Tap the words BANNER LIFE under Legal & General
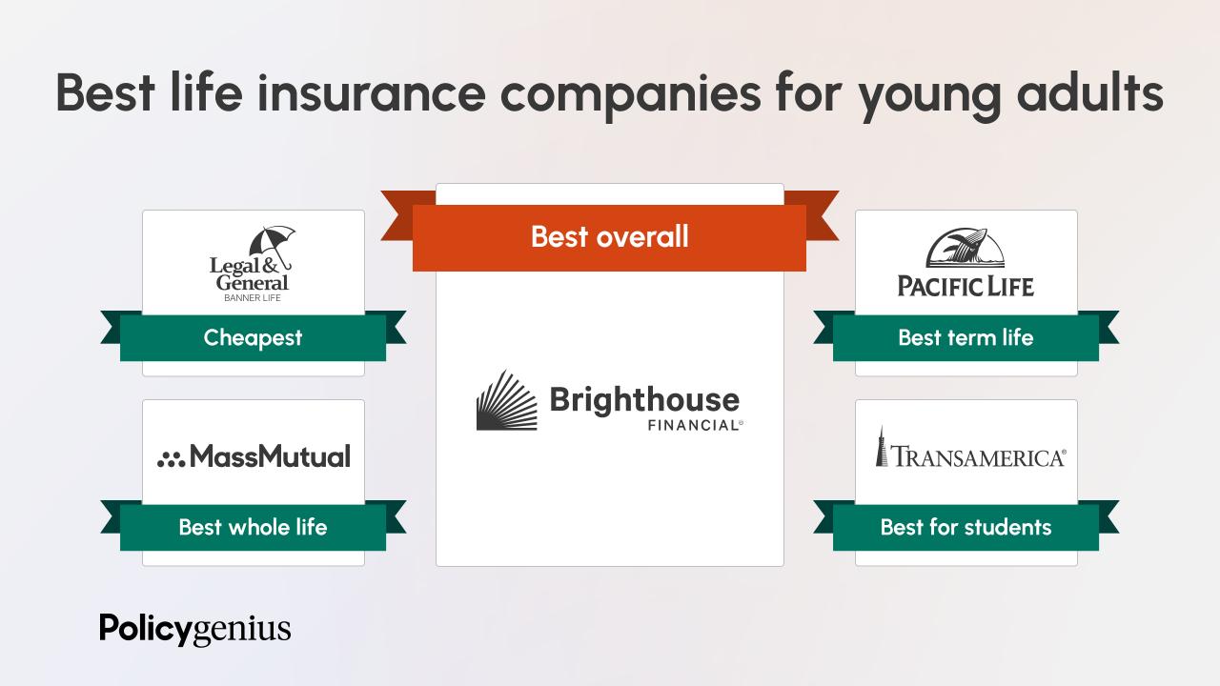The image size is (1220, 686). click(253, 298)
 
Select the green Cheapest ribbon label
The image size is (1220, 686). click(253, 337)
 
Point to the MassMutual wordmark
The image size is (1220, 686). click(270, 456)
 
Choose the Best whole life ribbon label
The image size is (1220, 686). click(253, 527)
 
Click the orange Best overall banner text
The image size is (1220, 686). click(609, 236)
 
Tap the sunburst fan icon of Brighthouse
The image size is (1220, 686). click(506, 401)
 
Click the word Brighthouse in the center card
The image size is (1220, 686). click(644, 398)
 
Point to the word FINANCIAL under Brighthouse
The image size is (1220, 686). click(687, 425)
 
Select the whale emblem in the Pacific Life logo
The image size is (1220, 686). click(966, 249)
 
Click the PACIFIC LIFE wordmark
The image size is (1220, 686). click(966, 285)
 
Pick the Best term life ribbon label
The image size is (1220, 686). click(966, 337)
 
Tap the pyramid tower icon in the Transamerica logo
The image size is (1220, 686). click(883, 446)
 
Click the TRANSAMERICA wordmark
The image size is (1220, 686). click(979, 458)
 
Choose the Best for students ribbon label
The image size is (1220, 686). click(966, 527)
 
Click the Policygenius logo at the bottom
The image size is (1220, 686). click(195, 630)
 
